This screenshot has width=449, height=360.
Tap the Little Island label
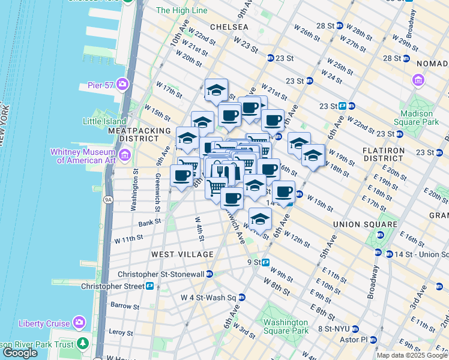click(x=100, y=121)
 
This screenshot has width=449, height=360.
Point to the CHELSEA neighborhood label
click(x=229, y=27)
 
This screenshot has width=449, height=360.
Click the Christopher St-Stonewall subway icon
click(x=209, y=274)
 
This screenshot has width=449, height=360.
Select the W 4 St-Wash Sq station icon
click(x=241, y=297)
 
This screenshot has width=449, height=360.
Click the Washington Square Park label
click(x=286, y=326)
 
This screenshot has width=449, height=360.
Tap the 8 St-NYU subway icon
click(x=355, y=329)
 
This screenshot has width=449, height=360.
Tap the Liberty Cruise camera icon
click(x=79, y=323)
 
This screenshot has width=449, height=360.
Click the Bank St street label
click(x=149, y=221)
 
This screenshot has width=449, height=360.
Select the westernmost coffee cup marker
click(x=182, y=176)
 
